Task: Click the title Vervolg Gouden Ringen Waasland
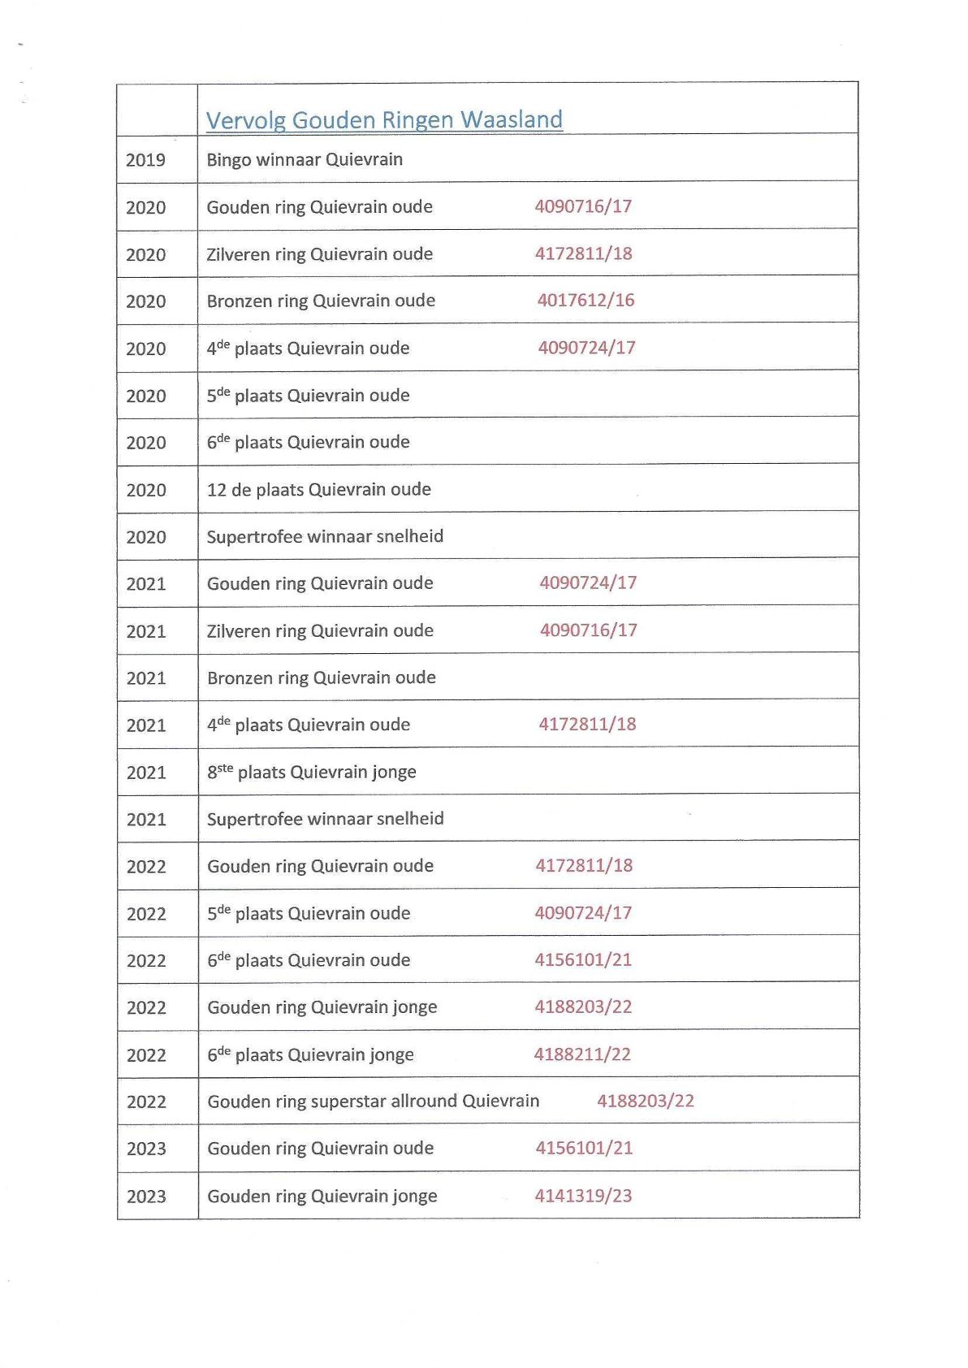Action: click(383, 120)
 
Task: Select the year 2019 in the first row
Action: click(145, 160)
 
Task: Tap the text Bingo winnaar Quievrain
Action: click(305, 159)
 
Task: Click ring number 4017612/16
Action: click(586, 301)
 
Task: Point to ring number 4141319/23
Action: click(583, 1195)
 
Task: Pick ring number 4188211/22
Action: click(582, 1054)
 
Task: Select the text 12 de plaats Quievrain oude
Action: click(318, 489)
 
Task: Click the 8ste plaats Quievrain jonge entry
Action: click(311, 772)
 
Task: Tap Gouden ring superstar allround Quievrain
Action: click(373, 1101)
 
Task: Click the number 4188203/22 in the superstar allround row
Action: click(646, 1101)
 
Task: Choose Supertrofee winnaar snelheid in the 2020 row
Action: click(325, 536)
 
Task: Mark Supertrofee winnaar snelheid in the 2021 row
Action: click(325, 819)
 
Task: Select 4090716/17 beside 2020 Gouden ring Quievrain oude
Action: click(583, 206)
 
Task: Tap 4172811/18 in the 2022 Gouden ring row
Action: click(584, 865)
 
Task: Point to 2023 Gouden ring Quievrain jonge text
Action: click(322, 1196)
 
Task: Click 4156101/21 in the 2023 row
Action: click(584, 1148)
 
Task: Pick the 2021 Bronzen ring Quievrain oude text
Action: click(321, 678)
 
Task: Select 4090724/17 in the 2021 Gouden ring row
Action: click(588, 582)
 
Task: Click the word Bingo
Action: click(228, 160)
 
